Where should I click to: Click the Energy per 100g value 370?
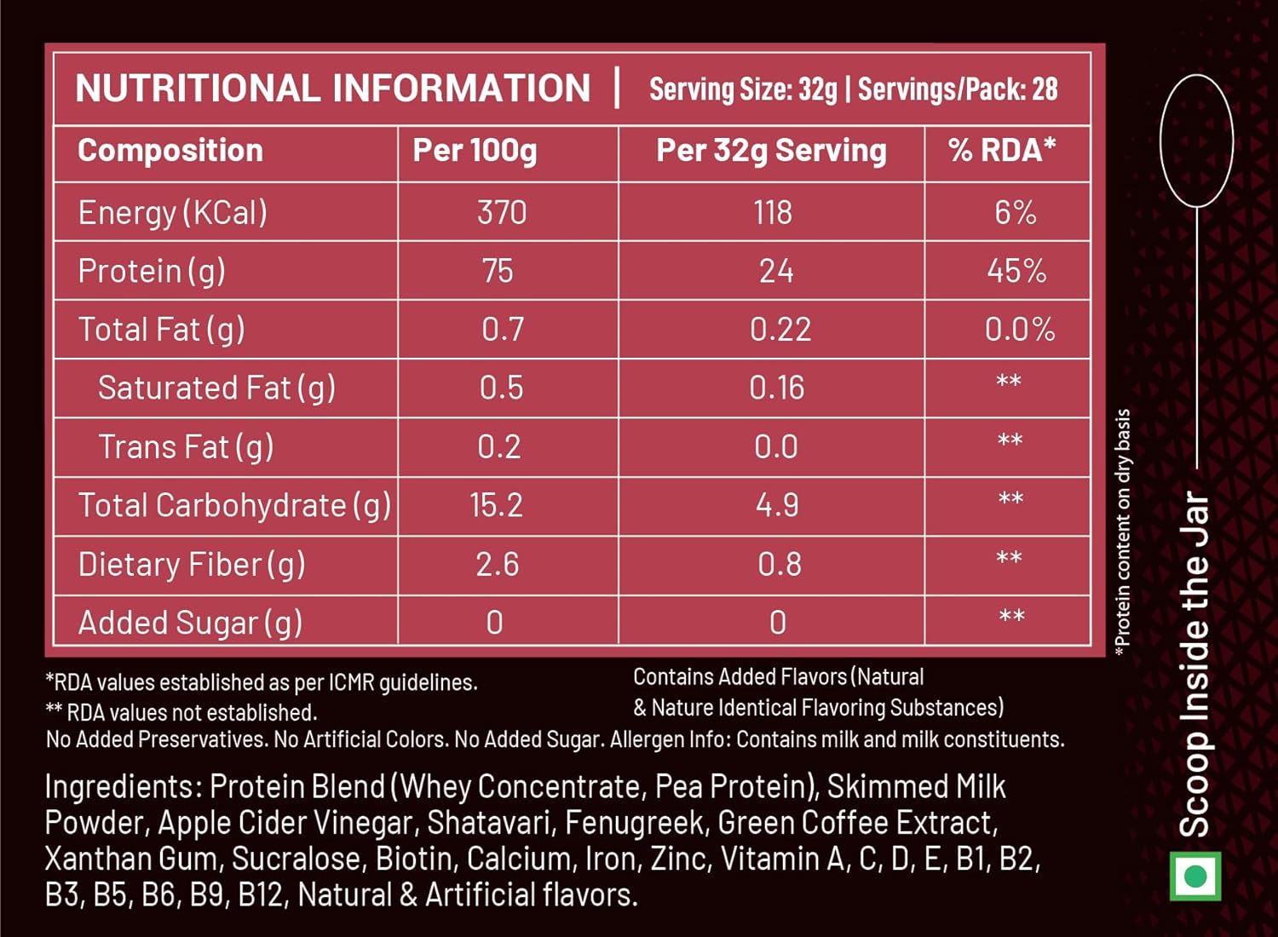click(x=501, y=212)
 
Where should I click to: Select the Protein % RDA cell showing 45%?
click(x=1016, y=271)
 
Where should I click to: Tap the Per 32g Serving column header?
click(x=771, y=151)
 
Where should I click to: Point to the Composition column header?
click(x=170, y=151)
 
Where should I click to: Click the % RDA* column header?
click(x=1002, y=150)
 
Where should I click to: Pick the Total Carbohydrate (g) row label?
click(x=234, y=506)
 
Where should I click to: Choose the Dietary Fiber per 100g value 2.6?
click(x=497, y=564)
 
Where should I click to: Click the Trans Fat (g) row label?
click(x=186, y=447)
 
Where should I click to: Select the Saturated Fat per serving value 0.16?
click(x=776, y=388)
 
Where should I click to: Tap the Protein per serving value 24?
click(x=776, y=271)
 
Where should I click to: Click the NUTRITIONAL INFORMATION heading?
click(x=332, y=89)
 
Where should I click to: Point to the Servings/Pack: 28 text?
click(x=958, y=89)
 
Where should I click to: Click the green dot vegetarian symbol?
click(x=1195, y=876)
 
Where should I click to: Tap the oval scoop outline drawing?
click(x=1196, y=141)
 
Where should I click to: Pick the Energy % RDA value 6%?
click(x=1015, y=212)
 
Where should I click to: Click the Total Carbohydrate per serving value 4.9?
click(x=777, y=506)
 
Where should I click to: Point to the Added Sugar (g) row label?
click(x=190, y=624)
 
